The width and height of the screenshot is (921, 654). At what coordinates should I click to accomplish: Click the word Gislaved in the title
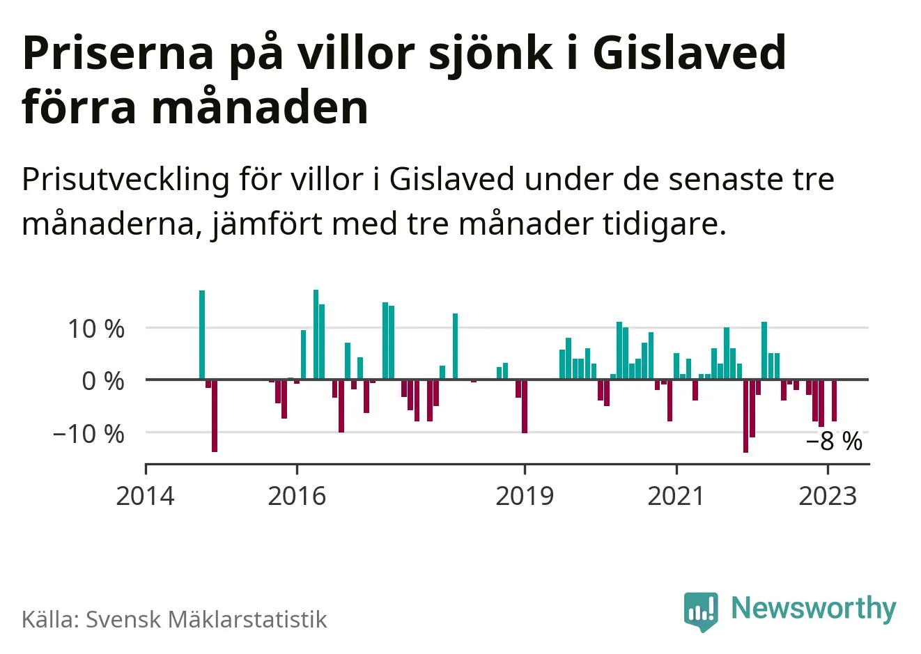pyautogui.click(x=690, y=53)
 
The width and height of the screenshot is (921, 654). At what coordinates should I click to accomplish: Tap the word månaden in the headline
pyautogui.click(x=260, y=108)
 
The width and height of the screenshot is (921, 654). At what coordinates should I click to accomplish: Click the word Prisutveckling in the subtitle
pyautogui.click(x=125, y=180)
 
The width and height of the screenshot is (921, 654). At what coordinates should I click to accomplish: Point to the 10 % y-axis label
pyautogui.click(x=96, y=328)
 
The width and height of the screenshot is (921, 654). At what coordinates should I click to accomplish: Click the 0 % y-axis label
pyautogui.click(x=103, y=381)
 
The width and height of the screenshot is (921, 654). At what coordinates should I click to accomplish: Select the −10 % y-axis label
pyautogui.click(x=88, y=433)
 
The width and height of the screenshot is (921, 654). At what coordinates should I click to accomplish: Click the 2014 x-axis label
pyautogui.click(x=145, y=496)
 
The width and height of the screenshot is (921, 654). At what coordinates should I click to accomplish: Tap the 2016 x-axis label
pyautogui.click(x=297, y=496)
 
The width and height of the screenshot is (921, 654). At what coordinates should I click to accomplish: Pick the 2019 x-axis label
pyautogui.click(x=525, y=496)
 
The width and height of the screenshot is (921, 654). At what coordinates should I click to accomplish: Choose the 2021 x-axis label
pyautogui.click(x=676, y=496)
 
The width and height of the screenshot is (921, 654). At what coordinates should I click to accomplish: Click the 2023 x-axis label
pyautogui.click(x=828, y=496)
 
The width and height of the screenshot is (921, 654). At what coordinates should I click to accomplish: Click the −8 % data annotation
pyautogui.click(x=834, y=442)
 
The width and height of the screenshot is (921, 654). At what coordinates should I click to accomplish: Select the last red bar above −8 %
pyautogui.click(x=834, y=400)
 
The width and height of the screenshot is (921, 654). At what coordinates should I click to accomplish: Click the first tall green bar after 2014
pyautogui.click(x=202, y=334)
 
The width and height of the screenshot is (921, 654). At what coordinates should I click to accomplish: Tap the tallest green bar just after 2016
pyautogui.click(x=316, y=334)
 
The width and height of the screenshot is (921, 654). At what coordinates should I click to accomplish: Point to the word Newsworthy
pyautogui.click(x=813, y=608)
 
